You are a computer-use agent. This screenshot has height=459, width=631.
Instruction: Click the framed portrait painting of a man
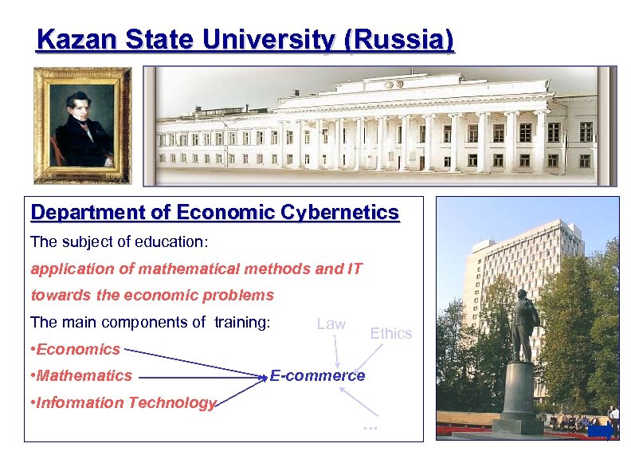click(82, 124)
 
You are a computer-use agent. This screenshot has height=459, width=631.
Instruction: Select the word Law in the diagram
click(331, 324)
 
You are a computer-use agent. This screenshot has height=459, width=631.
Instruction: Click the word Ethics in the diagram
click(390, 333)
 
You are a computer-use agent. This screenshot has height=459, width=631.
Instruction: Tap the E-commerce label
click(317, 375)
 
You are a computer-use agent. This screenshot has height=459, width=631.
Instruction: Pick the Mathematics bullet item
click(82, 375)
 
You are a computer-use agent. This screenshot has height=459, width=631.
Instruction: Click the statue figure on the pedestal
click(523, 320)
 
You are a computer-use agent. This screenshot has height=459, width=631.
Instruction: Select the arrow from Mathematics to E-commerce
click(203, 376)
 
